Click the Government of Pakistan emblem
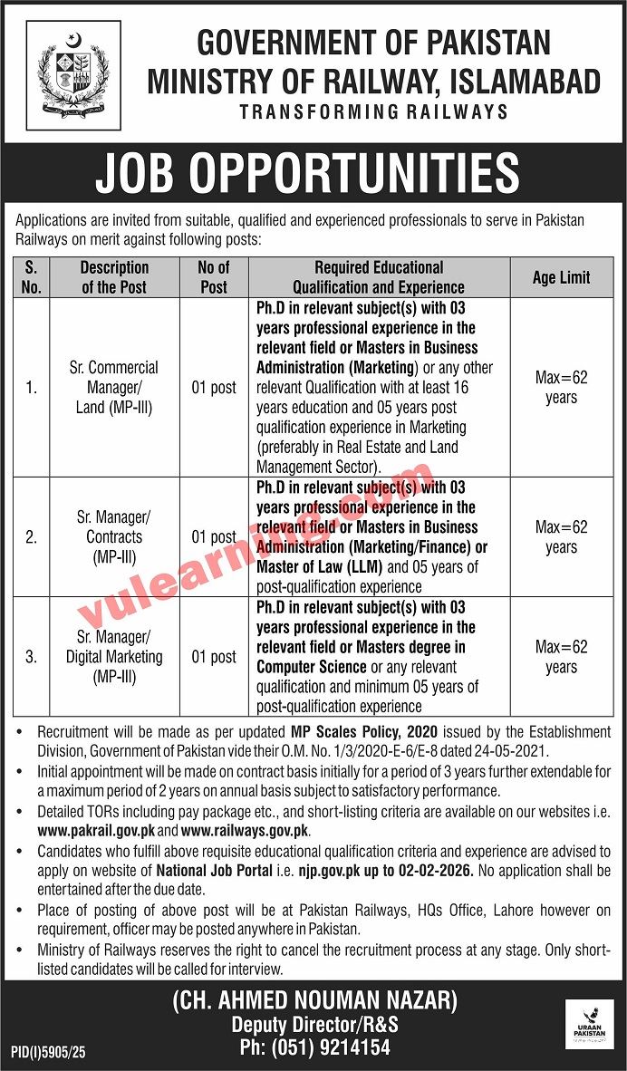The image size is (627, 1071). (73, 72)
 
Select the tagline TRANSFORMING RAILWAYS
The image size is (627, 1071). (373, 111)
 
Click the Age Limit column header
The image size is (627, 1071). (561, 277)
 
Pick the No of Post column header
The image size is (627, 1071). (214, 277)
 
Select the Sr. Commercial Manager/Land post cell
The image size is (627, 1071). (113, 387)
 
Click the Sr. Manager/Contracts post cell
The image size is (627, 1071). (113, 536)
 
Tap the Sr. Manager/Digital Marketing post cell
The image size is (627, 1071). (113, 656)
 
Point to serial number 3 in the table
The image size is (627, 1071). (32, 656)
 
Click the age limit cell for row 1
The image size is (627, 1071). (561, 387)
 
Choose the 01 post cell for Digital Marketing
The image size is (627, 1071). (214, 656)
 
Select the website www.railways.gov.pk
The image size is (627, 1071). (245, 829)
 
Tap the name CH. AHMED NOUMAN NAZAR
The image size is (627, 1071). (314, 1001)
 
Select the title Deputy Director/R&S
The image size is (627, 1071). (314, 1025)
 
